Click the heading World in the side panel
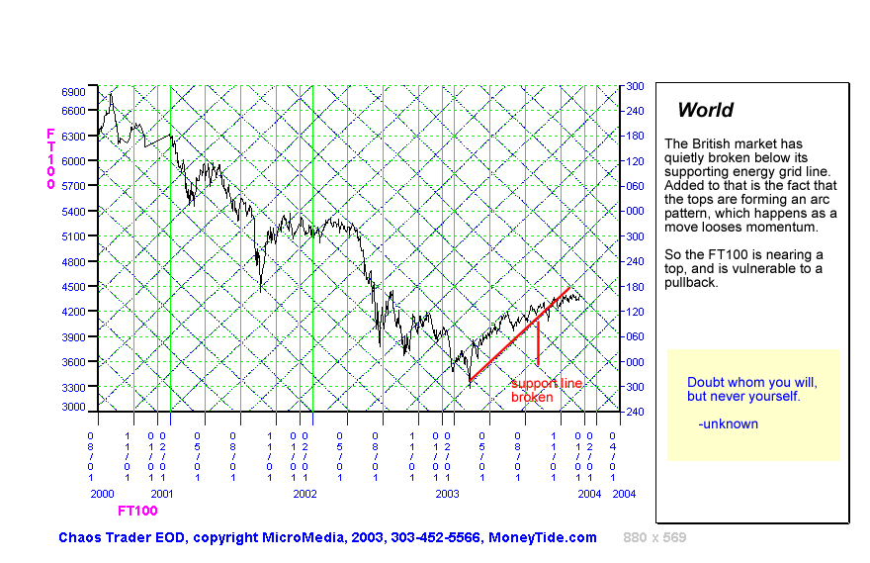click(x=705, y=111)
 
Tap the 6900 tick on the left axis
click(x=74, y=91)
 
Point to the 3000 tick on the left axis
click(x=74, y=407)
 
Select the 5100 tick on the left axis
click(x=74, y=236)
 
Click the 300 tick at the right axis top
click(x=634, y=86)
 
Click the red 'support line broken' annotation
click(x=546, y=390)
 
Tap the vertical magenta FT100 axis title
click(x=50, y=158)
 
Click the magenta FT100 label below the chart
click(x=137, y=512)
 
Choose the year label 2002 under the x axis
click(x=304, y=493)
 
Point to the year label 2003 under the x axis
click(x=448, y=493)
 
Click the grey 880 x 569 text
click(x=654, y=537)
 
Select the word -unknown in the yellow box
click(x=728, y=423)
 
